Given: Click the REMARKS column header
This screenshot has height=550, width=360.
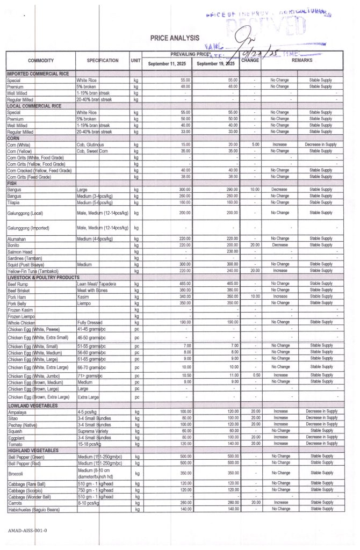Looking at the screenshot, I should click(301, 61).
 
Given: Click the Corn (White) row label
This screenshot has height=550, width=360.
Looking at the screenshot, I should click(18, 144).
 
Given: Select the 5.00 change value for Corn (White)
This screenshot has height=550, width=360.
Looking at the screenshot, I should click(255, 144).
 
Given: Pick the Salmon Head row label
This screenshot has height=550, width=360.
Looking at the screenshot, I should click(20, 251).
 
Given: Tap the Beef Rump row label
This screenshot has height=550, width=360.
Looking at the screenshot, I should click(17, 284).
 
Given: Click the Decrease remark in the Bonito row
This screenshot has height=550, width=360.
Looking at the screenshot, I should click(279, 245).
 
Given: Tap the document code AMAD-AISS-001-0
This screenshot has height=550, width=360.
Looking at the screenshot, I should click(27, 531).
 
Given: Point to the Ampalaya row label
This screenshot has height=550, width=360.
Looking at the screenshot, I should click(17, 412).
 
